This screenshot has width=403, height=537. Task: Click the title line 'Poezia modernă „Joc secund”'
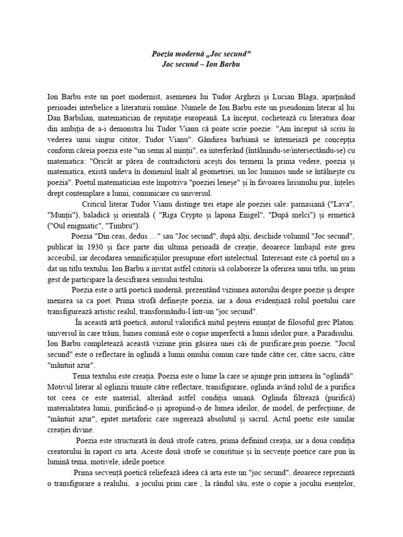click(x=201, y=54)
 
